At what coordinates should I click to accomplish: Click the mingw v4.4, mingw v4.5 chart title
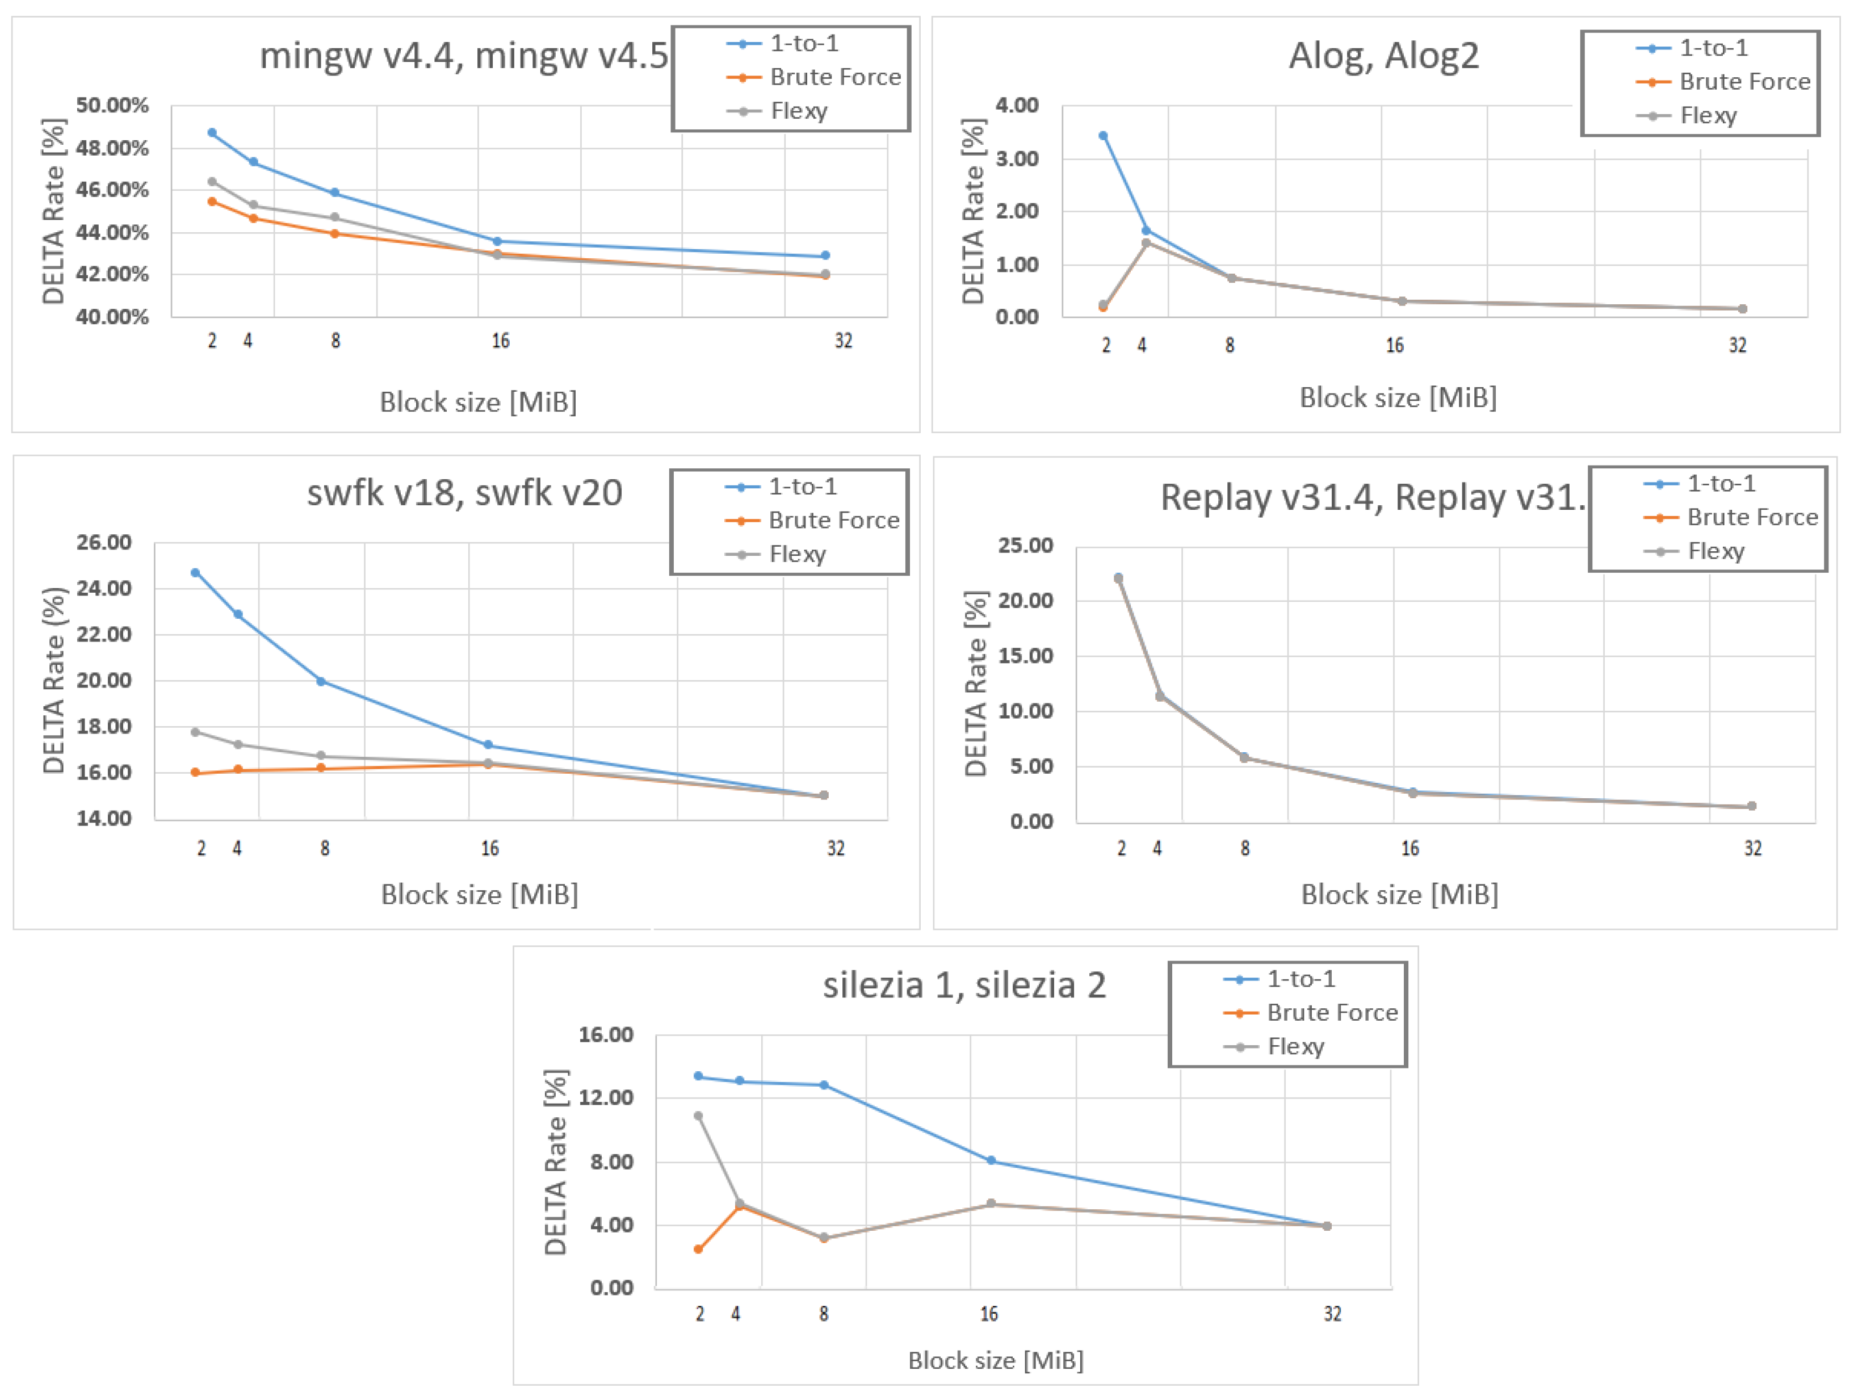tap(463, 56)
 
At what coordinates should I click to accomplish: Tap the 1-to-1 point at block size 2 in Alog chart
tap(1103, 136)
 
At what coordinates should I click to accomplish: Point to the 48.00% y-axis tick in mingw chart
tap(112, 148)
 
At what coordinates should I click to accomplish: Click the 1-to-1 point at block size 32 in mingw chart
tap(825, 255)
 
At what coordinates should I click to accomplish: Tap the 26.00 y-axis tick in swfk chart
tap(104, 542)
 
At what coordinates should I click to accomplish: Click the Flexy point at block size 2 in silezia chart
tap(698, 1116)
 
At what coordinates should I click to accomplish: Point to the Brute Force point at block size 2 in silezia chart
tap(698, 1249)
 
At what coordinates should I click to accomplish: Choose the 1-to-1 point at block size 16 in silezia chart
tap(991, 1160)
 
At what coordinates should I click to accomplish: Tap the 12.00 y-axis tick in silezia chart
tap(606, 1097)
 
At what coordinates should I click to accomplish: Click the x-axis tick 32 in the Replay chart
tap(1752, 848)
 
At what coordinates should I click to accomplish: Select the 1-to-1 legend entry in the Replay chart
tap(1721, 484)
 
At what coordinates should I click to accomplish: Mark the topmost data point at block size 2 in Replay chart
tap(1118, 577)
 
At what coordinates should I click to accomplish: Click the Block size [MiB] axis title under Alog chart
tap(1398, 397)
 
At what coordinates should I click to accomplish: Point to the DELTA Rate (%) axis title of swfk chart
tap(53, 680)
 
